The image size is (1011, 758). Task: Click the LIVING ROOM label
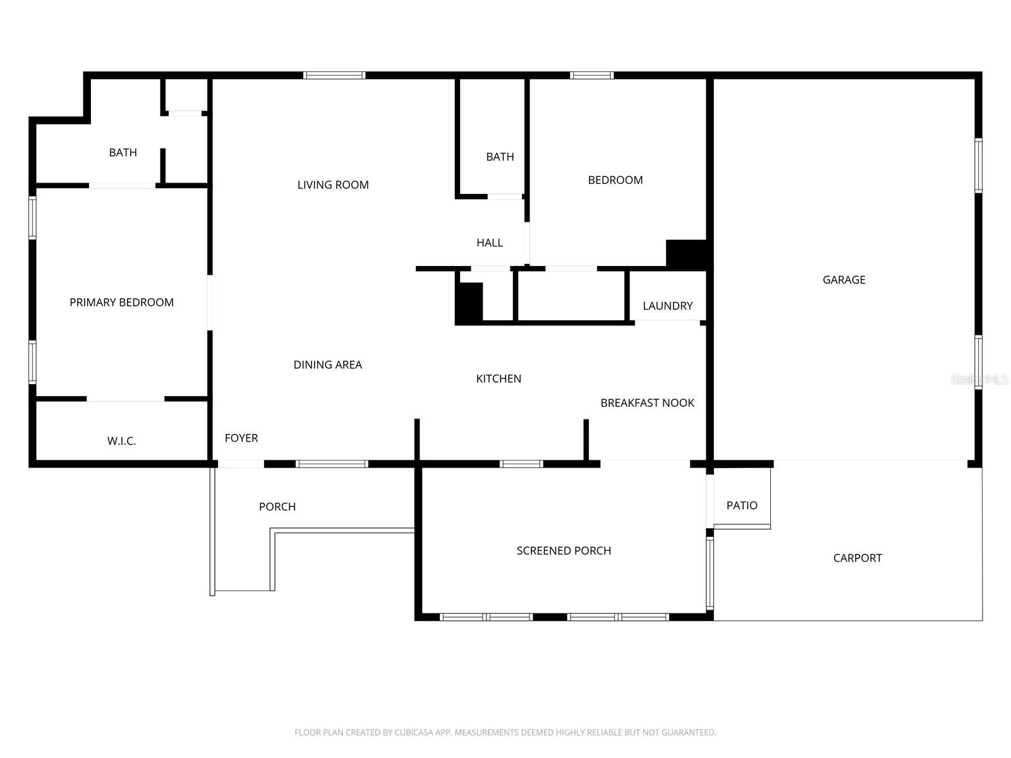coord(333,185)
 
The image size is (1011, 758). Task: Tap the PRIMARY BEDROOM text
coord(121,303)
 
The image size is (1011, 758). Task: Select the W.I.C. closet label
coord(121,441)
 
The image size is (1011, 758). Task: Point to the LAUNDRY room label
coord(667,306)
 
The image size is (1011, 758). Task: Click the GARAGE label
coord(844,280)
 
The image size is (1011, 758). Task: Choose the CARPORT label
coord(857,558)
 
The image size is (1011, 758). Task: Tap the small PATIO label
coord(741,505)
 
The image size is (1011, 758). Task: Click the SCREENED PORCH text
coord(564,551)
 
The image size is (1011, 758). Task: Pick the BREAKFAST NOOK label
coord(647,403)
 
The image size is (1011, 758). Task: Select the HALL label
coord(490,243)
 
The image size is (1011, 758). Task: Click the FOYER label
coord(241,438)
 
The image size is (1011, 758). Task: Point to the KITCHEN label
coord(499,379)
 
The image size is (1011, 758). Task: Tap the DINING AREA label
coord(327,364)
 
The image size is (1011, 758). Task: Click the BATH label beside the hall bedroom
coord(500,157)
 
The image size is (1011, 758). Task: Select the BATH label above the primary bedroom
coord(123,152)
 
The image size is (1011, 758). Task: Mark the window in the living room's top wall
coord(334,75)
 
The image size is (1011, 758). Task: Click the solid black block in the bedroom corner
coord(687,254)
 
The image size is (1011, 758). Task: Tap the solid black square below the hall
coord(469,303)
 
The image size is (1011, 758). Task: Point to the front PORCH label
coord(277,507)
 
